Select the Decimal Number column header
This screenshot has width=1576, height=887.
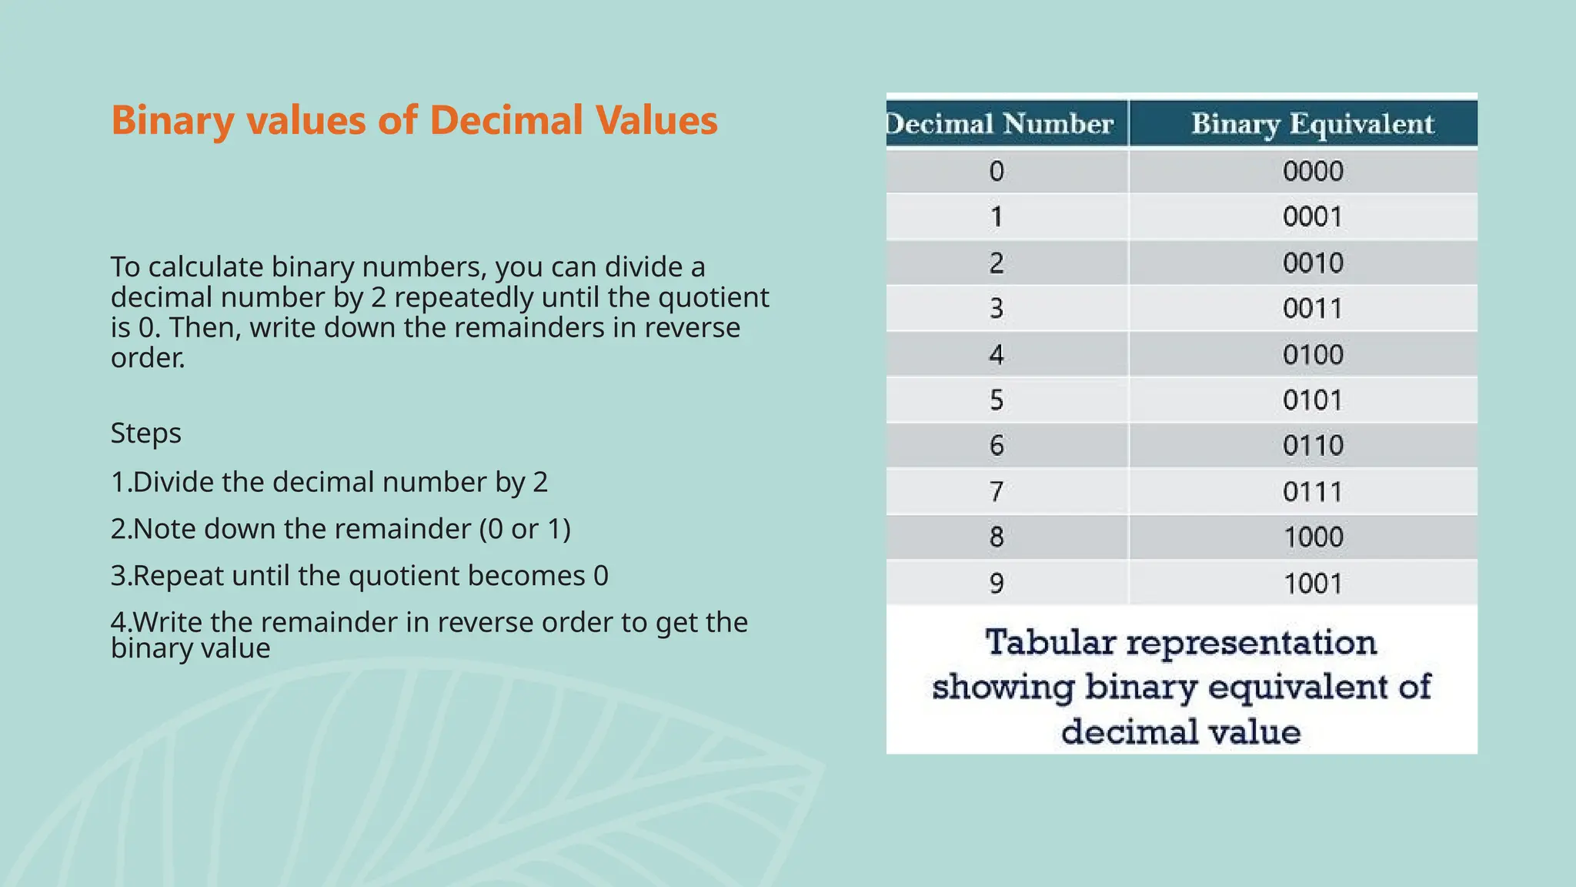[1000, 124]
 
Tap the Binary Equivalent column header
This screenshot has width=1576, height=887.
[1312, 124]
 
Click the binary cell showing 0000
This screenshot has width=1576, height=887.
[1312, 171]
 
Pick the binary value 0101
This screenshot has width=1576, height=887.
[1312, 400]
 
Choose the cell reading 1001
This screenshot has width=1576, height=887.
[1312, 584]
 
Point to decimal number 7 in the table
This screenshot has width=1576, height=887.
[997, 491]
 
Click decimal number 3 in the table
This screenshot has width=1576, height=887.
[997, 309]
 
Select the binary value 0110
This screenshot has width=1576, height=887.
[1312, 446]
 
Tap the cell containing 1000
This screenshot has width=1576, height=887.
[1312, 537]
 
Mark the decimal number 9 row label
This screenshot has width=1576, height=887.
[997, 584]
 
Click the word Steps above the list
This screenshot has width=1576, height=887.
[146, 433]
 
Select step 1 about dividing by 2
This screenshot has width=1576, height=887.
[329, 482]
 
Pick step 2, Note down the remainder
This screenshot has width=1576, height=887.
[340, 529]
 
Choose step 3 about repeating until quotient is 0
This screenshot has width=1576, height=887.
[359, 576]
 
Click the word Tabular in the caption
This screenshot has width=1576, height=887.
[1050, 642]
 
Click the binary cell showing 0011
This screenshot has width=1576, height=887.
[1312, 309]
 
